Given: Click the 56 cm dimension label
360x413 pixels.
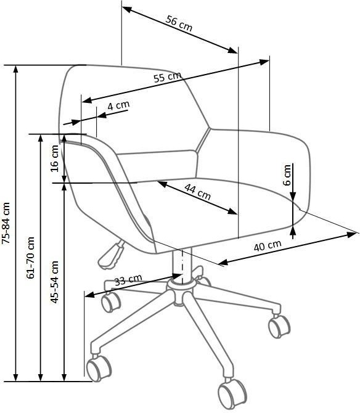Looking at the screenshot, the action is tap(179, 23).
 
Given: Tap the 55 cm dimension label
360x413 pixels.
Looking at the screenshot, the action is tap(168, 77).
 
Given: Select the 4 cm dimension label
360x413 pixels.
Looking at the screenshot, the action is tap(118, 105).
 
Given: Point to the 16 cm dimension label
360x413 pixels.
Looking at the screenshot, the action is tap(54, 158).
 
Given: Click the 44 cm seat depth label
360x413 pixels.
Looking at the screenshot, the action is tap(197, 192).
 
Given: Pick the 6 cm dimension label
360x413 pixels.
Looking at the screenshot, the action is tap(287, 175).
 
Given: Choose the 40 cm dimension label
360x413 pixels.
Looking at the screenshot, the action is tap(268, 245).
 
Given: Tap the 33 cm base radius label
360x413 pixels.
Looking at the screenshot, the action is tap(128, 280).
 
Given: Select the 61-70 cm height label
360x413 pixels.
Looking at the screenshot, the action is tap(30, 258).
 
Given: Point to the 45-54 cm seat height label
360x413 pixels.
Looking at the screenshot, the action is tap(54, 282).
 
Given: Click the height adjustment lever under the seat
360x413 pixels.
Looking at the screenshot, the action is tap(110, 255).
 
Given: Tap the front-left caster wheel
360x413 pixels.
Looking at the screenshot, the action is tap(99, 368).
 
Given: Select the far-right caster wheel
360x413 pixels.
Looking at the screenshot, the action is tap(279, 327).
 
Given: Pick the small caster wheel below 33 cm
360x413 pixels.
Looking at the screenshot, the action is tap(111, 303).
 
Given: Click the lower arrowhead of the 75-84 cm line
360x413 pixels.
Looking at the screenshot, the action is tap(16, 377).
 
